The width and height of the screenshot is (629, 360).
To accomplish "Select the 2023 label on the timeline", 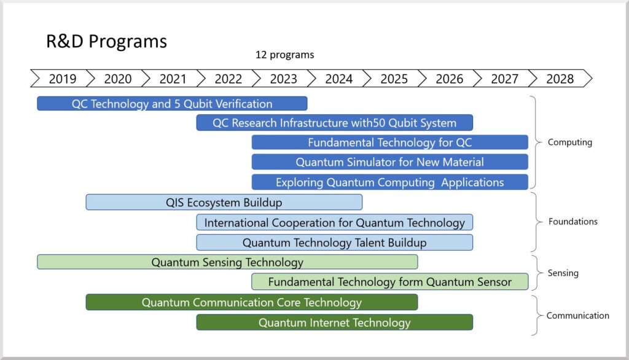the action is [x=283, y=79].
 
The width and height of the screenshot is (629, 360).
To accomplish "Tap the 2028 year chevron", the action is [x=560, y=78].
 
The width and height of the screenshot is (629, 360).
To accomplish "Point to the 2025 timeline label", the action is [x=394, y=79].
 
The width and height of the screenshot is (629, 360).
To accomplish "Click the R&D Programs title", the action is [x=106, y=41].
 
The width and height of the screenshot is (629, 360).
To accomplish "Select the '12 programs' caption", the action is [x=285, y=55].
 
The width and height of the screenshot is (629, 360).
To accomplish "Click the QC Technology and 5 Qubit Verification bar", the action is [x=172, y=104].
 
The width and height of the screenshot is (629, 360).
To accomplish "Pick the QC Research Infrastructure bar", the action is [x=335, y=123].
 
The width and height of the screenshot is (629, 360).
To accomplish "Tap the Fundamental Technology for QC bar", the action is [x=390, y=143].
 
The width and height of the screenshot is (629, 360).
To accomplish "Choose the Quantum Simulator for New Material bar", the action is [x=390, y=162].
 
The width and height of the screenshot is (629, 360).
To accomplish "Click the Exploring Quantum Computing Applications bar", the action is [x=390, y=182].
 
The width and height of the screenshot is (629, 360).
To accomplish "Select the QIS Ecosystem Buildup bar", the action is [x=224, y=202].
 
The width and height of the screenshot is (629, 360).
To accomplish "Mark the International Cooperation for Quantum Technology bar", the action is [x=335, y=222].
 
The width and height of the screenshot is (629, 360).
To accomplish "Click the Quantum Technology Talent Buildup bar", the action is [x=335, y=243].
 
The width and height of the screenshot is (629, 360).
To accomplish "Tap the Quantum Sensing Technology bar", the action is [x=227, y=262].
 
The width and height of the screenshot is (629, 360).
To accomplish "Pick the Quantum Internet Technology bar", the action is [x=335, y=323].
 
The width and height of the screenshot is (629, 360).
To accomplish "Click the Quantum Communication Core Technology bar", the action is [x=251, y=302].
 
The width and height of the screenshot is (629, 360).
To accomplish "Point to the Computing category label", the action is [x=569, y=142].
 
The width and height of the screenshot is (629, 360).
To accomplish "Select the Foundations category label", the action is [x=573, y=222].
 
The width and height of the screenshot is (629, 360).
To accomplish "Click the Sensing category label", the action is [x=563, y=273].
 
